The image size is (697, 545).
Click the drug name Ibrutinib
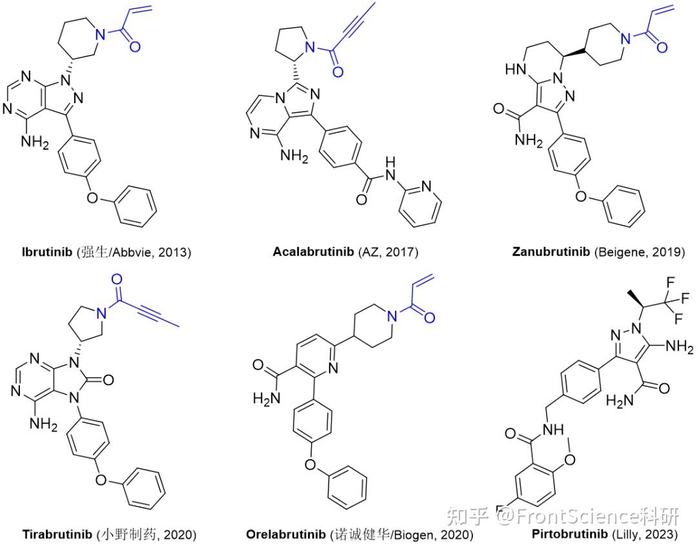point(46,252)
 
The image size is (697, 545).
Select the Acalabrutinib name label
point(314,252)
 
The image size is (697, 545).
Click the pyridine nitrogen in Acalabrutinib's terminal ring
point(425,186)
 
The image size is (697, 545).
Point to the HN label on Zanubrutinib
point(514,69)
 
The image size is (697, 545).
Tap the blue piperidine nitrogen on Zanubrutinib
point(624,38)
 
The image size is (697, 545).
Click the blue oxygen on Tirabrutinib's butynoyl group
point(116,279)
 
